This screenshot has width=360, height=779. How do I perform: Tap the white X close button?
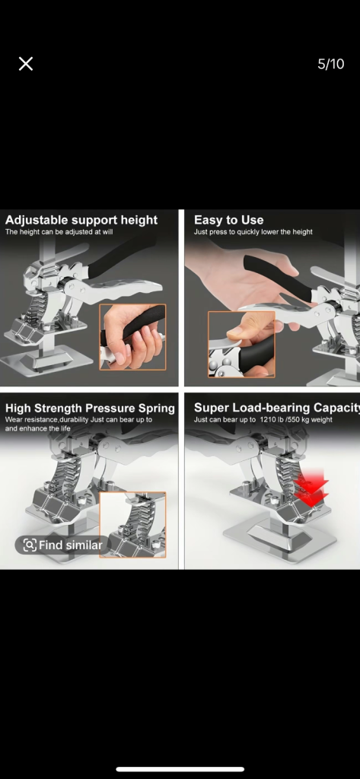click(x=26, y=64)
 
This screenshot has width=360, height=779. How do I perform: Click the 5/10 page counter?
click(x=330, y=64)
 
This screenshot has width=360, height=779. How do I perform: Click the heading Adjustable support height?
click(x=81, y=220)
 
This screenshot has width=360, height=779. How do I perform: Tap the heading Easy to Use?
click(x=229, y=220)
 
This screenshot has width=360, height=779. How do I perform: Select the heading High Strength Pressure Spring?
click(x=90, y=409)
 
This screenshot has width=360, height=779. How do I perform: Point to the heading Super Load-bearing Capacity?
click(x=276, y=408)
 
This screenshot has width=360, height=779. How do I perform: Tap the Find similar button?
click(x=62, y=545)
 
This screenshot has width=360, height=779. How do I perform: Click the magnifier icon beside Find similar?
click(x=30, y=545)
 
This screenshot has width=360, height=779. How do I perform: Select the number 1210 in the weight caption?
click(x=269, y=420)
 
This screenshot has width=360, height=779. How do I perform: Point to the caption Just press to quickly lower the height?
click(x=253, y=232)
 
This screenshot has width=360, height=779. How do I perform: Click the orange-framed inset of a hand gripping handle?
click(x=132, y=337)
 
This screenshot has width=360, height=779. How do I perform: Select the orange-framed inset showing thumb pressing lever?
click(x=242, y=345)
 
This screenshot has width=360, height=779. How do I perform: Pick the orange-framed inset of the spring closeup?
click(x=132, y=525)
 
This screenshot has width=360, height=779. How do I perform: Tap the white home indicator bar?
click(x=180, y=770)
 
